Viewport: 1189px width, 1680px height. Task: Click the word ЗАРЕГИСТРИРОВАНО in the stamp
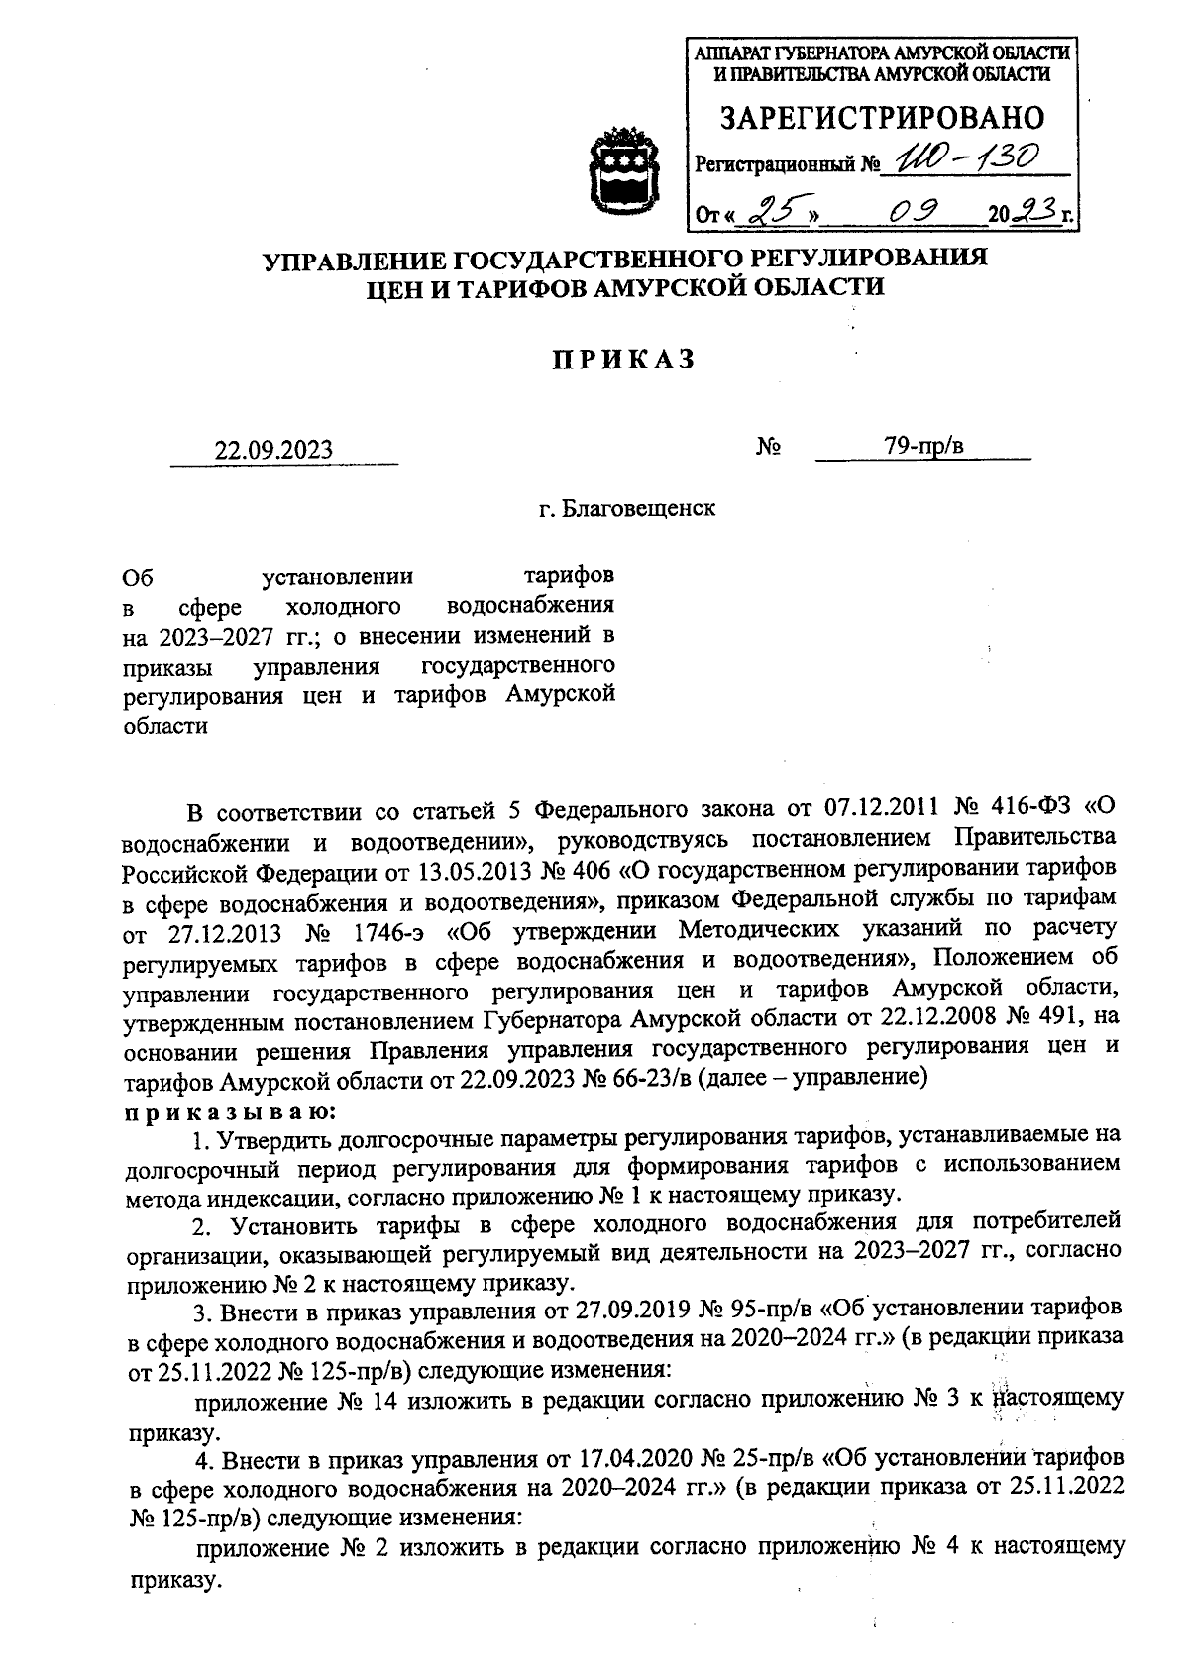click(881, 118)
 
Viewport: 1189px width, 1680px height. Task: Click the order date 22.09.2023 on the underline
click(274, 451)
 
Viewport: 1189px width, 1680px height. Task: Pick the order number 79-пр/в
click(924, 447)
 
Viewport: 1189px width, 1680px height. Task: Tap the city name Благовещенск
click(639, 509)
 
